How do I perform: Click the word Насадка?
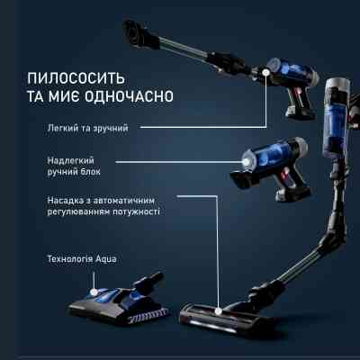click(x=58, y=199)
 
